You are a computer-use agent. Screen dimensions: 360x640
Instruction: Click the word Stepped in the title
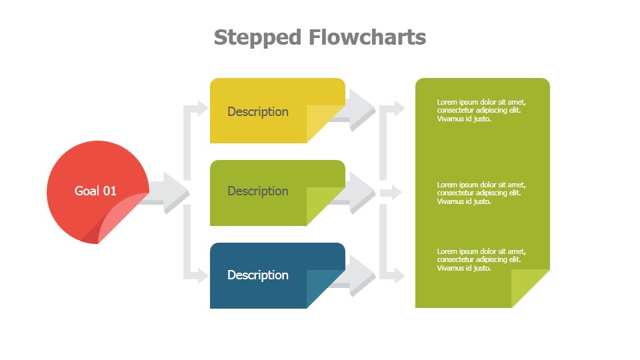coord(257,37)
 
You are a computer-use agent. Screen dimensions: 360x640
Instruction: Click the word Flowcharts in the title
coord(367,37)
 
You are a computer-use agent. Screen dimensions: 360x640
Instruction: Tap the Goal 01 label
coord(95,191)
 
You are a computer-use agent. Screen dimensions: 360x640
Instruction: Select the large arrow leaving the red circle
coord(170,192)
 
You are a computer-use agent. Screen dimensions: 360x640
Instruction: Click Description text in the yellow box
coord(258,111)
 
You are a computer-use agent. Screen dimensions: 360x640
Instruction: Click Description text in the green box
coord(258,191)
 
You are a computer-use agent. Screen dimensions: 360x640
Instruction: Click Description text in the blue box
coord(258,275)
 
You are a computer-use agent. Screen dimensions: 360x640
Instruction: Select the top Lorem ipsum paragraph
coord(481,110)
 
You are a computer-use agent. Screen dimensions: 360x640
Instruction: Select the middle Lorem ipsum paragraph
coord(481,193)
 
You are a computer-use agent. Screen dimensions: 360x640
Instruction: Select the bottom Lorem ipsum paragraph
coord(481,259)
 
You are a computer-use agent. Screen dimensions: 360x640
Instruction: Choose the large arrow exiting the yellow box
coord(361,108)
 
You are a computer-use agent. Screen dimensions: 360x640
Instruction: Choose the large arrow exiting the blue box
coord(361,274)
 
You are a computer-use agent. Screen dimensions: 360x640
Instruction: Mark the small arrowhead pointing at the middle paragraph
coord(395,193)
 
